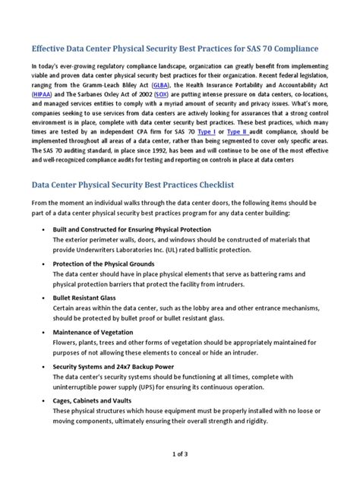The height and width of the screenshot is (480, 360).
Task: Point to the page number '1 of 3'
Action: pos(179,453)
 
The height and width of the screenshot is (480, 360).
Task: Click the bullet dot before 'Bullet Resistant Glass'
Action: pos(46,298)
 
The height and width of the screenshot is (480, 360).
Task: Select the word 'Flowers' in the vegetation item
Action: pos(65,343)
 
